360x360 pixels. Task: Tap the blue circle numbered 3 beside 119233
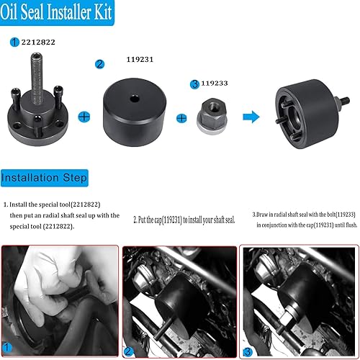[x=194, y=84]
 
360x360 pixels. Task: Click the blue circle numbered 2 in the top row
[x=99, y=64]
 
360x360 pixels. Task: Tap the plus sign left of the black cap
[x=85, y=116]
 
